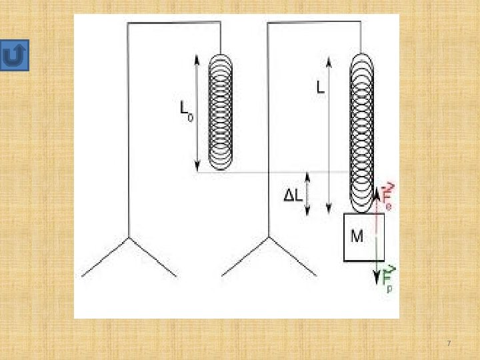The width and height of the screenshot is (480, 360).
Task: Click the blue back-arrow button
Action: tap(15, 57)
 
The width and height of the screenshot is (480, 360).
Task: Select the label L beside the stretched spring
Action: tap(321, 87)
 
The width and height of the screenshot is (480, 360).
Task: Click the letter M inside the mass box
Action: tap(357, 235)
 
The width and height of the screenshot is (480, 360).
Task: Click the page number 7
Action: tap(449, 343)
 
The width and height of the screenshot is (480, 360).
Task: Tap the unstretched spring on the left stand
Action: tap(221, 111)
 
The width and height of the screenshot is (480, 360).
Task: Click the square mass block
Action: tap(363, 237)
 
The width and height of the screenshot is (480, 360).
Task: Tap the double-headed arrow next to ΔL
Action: tap(307, 194)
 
